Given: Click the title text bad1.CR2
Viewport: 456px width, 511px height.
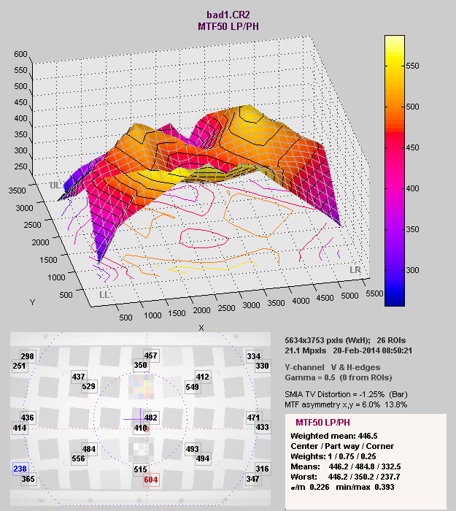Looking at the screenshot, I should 228,14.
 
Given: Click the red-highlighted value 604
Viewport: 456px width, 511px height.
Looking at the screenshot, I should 151,480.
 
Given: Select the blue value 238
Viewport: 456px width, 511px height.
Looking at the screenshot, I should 20,469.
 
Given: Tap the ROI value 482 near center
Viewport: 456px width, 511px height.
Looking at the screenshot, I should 151,418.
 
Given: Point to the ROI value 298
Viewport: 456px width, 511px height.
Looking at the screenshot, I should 28,356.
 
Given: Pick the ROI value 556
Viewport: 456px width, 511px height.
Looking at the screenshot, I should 78,459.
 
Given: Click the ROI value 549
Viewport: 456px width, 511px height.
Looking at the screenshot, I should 193,387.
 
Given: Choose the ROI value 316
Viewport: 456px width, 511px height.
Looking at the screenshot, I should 261,469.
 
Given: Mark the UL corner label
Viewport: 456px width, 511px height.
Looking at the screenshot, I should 54,185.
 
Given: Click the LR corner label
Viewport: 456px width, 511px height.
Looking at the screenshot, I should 355,270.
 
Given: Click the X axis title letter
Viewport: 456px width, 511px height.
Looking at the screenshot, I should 201,328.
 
